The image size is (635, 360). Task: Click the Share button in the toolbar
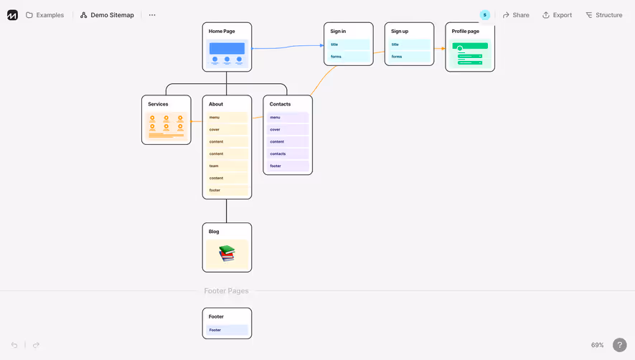pos(516,15)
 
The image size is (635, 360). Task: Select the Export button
pos(557,15)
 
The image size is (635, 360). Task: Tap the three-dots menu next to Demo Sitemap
pos(152,15)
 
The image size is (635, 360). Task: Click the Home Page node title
pos(222,32)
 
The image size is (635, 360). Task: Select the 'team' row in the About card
pos(227,166)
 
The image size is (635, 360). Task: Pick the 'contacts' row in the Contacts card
pos(288,153)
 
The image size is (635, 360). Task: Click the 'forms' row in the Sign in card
pos(349,57)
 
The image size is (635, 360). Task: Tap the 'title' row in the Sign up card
pos(409,44)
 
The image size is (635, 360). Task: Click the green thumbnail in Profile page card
pos(470,55)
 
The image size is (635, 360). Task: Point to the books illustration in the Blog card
pos(227,253)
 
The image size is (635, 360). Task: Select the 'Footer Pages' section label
pos(226,291)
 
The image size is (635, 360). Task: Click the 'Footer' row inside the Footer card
pos(227,330)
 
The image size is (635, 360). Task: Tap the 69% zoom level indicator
pos(597,345)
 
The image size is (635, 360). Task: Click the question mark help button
pos(620,345)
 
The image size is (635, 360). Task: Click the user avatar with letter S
pos(485,15)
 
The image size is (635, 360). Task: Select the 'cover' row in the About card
pos(227,130)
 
